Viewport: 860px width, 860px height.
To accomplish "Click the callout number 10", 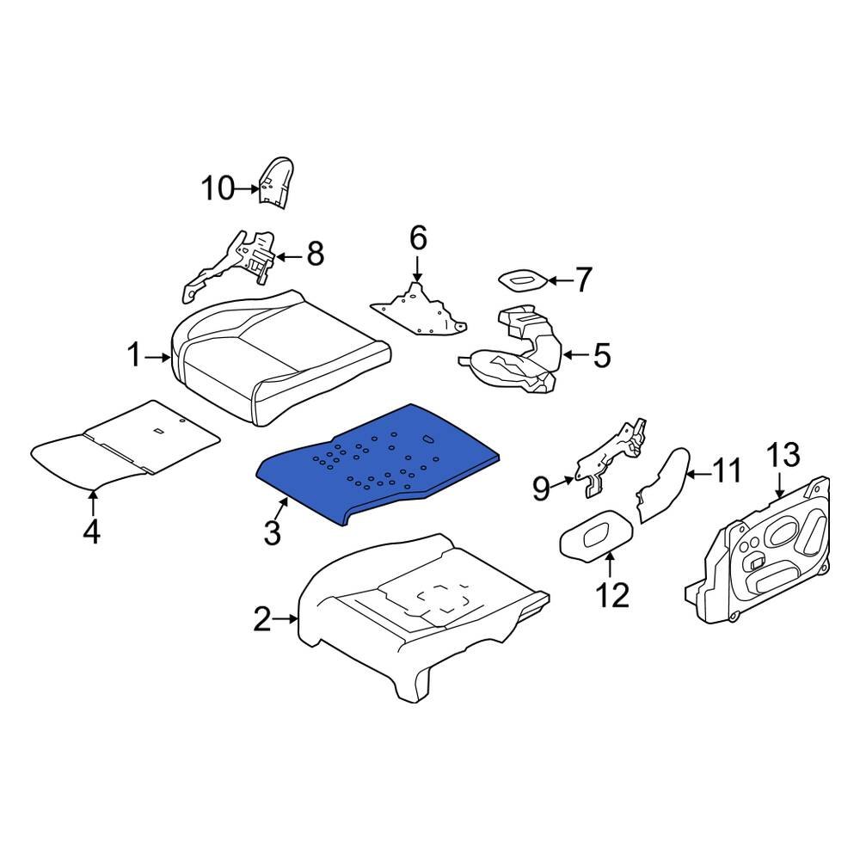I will tap(218, 187).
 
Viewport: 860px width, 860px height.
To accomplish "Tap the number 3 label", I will tap(272, 532).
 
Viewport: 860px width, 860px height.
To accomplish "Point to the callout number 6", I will tap(417, 237).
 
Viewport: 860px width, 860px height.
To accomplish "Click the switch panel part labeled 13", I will tap(765, 550).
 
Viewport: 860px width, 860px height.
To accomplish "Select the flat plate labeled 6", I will tap(417, 311).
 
